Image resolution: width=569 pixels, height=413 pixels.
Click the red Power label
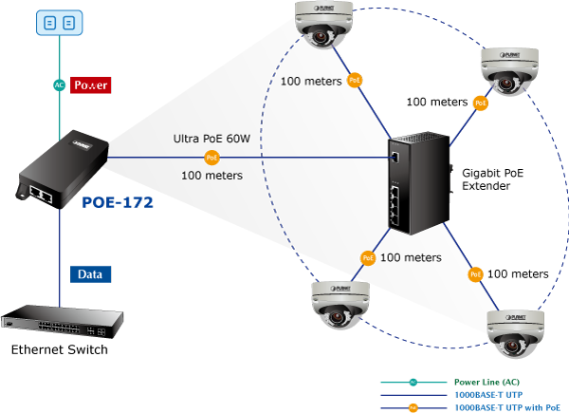(91, 84)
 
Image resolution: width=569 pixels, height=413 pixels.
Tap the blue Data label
(90, 274)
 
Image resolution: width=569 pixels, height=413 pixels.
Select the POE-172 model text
(118, 202)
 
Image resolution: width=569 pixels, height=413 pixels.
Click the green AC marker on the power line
(59, 84)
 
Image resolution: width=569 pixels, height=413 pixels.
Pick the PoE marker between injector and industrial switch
(212, 158)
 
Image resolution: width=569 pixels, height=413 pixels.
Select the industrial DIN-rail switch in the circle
(416, 183)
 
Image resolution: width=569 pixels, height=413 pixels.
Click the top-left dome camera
(322, 25)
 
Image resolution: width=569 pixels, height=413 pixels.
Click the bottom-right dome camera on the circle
(516, 332)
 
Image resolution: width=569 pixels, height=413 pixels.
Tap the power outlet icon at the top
(59, 21)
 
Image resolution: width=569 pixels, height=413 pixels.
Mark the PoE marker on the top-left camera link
(355, 81)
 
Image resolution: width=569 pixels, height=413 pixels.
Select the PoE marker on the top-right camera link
(481, 103)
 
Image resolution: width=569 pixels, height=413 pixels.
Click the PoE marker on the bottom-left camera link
(368, 257)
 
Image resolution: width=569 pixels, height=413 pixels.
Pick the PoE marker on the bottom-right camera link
(475, 274)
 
